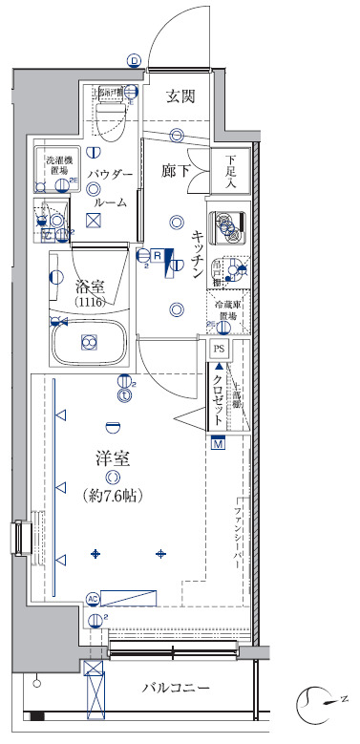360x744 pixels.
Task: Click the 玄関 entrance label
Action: point(180,96)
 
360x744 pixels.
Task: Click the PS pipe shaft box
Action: point(220,350)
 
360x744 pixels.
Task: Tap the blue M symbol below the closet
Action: point(218,443)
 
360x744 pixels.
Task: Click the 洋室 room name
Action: point(113,457)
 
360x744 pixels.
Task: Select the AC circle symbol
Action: point(93,599)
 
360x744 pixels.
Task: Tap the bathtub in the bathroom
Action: point(89,341)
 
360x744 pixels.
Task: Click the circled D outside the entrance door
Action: point(134,61)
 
